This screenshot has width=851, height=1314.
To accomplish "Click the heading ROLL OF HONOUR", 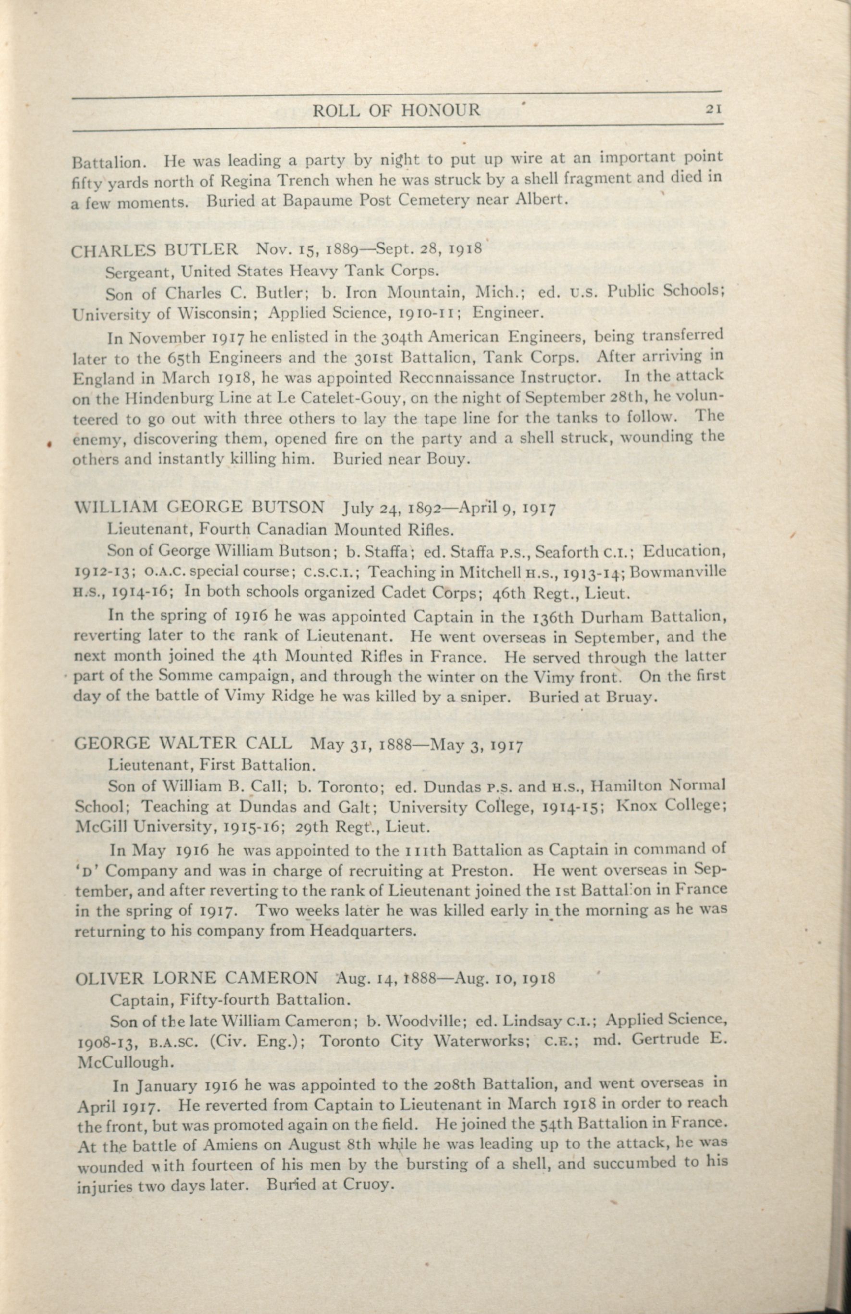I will click(x=396, y=111).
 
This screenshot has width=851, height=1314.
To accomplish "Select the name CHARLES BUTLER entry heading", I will click(x=155, y=250).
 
